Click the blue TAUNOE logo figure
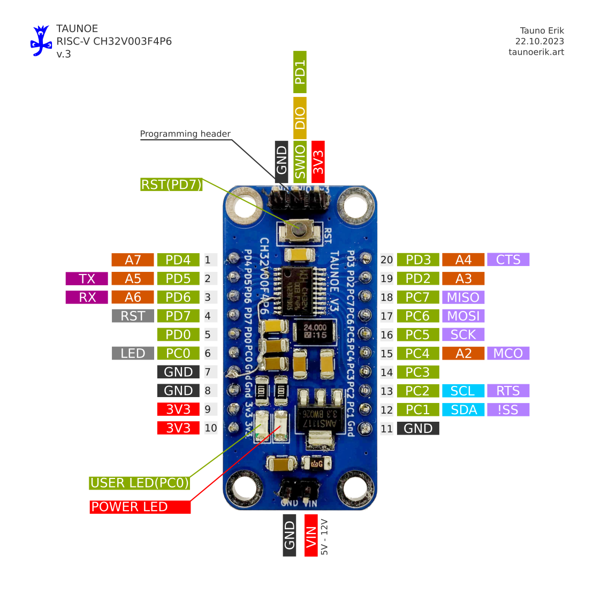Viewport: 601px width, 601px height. [41, 41]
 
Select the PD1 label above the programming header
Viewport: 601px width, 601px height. [300, 72]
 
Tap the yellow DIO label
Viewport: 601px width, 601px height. [300, 118]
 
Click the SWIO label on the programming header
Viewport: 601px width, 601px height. [300, 161]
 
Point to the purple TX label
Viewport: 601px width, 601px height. [87, 279]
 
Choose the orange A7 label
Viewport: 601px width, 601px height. [133, 260]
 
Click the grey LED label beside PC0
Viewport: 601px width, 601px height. [133, 353]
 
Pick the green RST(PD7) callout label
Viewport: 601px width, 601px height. [171, 185]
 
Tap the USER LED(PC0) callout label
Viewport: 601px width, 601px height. [140, 483]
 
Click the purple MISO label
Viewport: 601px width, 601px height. [463, 298]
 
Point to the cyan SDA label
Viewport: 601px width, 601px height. [463, 410]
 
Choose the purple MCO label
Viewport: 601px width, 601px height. [508, 353]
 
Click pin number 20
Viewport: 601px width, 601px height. [386, 260]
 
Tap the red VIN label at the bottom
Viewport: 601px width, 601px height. [311, 535]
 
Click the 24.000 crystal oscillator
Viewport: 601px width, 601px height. [315, 331]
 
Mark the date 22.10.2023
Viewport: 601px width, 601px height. [539, 41]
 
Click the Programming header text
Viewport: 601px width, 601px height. [185, 134]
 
